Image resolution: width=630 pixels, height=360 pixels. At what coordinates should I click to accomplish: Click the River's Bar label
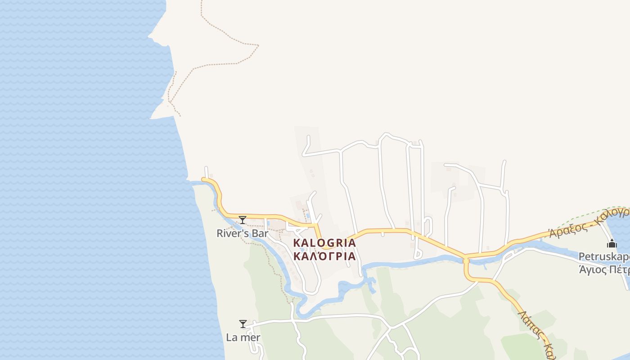click(x=242, y=234)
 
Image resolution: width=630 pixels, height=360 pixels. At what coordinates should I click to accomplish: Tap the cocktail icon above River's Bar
click(x=243, y=220)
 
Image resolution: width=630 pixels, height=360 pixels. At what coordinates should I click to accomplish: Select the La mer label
click(x=243, y=337)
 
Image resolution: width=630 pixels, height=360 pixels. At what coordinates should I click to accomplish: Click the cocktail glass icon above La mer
click(x=243, y=324)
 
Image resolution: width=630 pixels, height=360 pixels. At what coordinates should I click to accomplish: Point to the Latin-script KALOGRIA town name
click(x=324, y=243)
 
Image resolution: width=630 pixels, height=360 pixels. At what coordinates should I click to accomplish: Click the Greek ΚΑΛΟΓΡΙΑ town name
click(x=324, y=256)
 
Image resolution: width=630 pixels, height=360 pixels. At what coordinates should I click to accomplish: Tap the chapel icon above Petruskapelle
click(x=612, y=244)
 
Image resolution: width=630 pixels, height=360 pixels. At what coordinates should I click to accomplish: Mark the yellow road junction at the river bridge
click(x=466, y=259)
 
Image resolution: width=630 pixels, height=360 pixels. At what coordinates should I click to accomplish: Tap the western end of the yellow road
click(x=203, y=180)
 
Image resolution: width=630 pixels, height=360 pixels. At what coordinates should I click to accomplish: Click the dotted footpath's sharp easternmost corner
click(x=258, y=45)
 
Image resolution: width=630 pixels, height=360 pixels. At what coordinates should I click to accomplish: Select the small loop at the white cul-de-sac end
click(x=418, y=254)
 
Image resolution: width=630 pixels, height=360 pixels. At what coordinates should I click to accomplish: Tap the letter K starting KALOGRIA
click(x=297, y=243)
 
